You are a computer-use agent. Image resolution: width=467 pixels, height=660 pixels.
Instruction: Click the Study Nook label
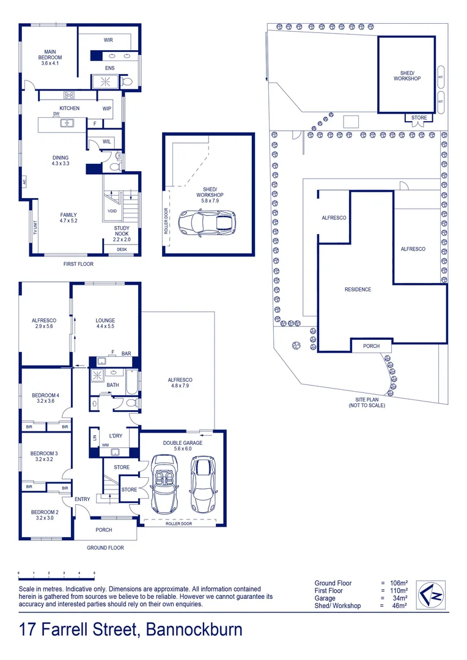pyautogui.click(x=122, y=231)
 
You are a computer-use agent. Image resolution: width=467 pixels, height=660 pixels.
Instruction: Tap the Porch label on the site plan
pyautogui.click(x=371, y=346)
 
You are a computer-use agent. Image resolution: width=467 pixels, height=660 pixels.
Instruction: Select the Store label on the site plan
pyautogui.click(x=419, y=118)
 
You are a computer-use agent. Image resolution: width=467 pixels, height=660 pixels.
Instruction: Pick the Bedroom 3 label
pyautogui.click(x=44, y=453)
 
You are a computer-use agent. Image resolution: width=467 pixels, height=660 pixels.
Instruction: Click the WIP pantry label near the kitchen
pyautogui.click(x=107, y=109)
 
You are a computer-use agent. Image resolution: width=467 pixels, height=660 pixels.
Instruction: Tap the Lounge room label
pyautogui.click(x=105, y=320)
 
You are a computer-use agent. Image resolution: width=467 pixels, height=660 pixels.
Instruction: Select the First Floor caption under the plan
pyautogui.click(x=78, y=264)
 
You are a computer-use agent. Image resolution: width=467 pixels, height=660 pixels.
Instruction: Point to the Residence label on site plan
pyautogui.click(x=358, y=290)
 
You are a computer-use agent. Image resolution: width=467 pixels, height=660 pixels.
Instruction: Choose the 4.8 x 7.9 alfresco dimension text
pyautogui.click(x=180, y=386)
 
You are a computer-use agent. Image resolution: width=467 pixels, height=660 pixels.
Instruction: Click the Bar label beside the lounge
pyautogui.click(x=127, y=353)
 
